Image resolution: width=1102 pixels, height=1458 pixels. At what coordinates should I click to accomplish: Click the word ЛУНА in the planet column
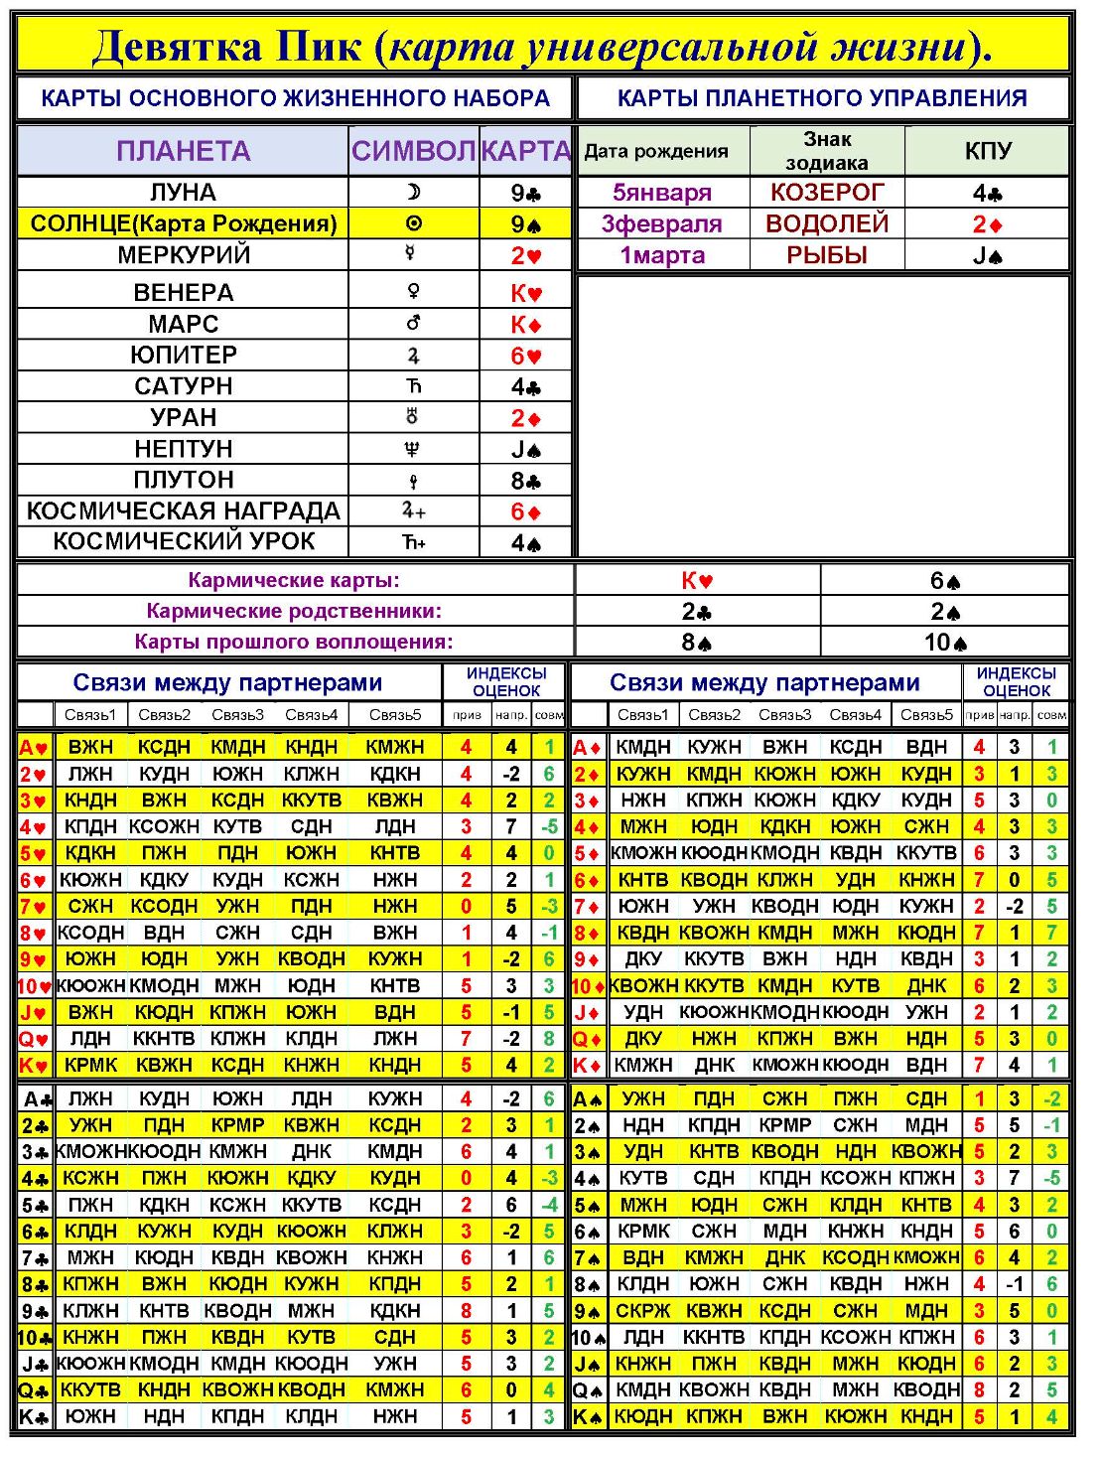tap(183, 193)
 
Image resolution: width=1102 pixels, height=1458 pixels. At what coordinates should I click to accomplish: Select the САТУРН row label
tap(183, 386)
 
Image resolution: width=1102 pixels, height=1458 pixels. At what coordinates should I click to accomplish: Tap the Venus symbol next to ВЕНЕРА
tap(413, 292)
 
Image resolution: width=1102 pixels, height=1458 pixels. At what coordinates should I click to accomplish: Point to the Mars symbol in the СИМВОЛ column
tap(413, 324)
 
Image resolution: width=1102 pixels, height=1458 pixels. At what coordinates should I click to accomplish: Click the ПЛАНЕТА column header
tap(183, 151)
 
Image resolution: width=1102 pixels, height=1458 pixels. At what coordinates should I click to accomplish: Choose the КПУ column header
tap(987, 151)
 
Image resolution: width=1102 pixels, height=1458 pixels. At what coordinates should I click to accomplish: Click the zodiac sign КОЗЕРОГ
tap(826, 193)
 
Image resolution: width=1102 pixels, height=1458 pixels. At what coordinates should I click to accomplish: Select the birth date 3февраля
tap(661, 224)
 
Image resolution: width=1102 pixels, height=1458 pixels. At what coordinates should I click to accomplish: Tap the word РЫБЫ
tap(826, 255)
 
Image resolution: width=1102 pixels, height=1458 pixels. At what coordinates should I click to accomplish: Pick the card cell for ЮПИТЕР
tap(526, 356)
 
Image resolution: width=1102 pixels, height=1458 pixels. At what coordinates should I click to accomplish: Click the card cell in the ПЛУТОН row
tap(526, 481)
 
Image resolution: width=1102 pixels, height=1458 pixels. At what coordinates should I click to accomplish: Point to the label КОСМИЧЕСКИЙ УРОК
tap(183, 542)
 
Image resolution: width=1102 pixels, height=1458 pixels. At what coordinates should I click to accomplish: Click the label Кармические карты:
tap(294, 581)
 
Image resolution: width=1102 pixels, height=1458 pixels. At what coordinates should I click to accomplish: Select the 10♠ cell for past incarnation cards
tap(945, 643)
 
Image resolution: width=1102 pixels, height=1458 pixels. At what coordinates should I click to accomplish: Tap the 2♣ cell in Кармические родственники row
tap(697, 612)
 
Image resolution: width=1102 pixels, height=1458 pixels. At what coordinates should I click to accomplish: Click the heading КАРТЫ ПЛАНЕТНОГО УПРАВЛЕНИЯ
tap(822, 98)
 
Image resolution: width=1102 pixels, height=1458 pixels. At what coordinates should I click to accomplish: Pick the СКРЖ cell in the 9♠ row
tap(642, 1311)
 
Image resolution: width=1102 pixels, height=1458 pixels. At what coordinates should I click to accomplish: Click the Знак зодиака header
tap(826, 151)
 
